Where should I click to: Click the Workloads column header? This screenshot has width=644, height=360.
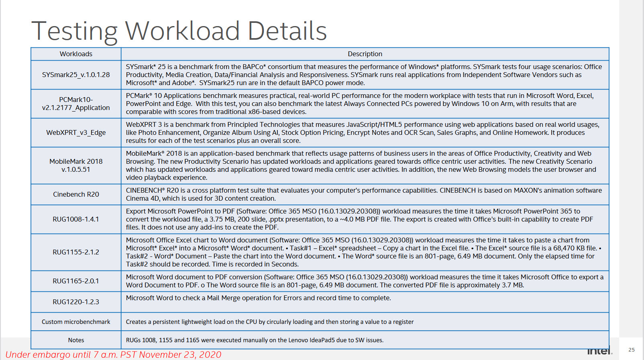(76, 54)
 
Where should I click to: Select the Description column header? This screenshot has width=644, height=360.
(365, 54)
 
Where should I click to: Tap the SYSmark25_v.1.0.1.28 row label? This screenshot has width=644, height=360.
(76, 75)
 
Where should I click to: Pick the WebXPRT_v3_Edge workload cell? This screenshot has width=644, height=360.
(76, 132)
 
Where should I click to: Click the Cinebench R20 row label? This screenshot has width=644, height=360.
(76, 194)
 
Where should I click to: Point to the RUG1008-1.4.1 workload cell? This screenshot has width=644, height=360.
(76, 219)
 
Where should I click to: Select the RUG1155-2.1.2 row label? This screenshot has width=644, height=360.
(76, 252)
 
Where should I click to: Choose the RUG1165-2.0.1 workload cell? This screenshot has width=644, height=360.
(76, 281)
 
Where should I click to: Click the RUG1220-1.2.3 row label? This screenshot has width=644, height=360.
(76, 302)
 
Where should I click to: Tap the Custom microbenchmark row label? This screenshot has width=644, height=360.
(76, 322)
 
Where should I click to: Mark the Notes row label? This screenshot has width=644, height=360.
(76, 340)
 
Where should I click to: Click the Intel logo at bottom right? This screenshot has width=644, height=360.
(600, 351)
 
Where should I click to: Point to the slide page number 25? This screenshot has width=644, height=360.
(632, 350)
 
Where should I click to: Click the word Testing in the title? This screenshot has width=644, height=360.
(75, 31)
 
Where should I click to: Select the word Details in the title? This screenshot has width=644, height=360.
(287, 31)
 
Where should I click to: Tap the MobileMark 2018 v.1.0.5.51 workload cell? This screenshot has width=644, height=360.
(76, 165)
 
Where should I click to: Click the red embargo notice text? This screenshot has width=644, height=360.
(113, 355)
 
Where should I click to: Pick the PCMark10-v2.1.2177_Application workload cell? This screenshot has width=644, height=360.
(76, 104)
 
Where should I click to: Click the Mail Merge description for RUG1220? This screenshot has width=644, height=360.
(258, 298)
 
